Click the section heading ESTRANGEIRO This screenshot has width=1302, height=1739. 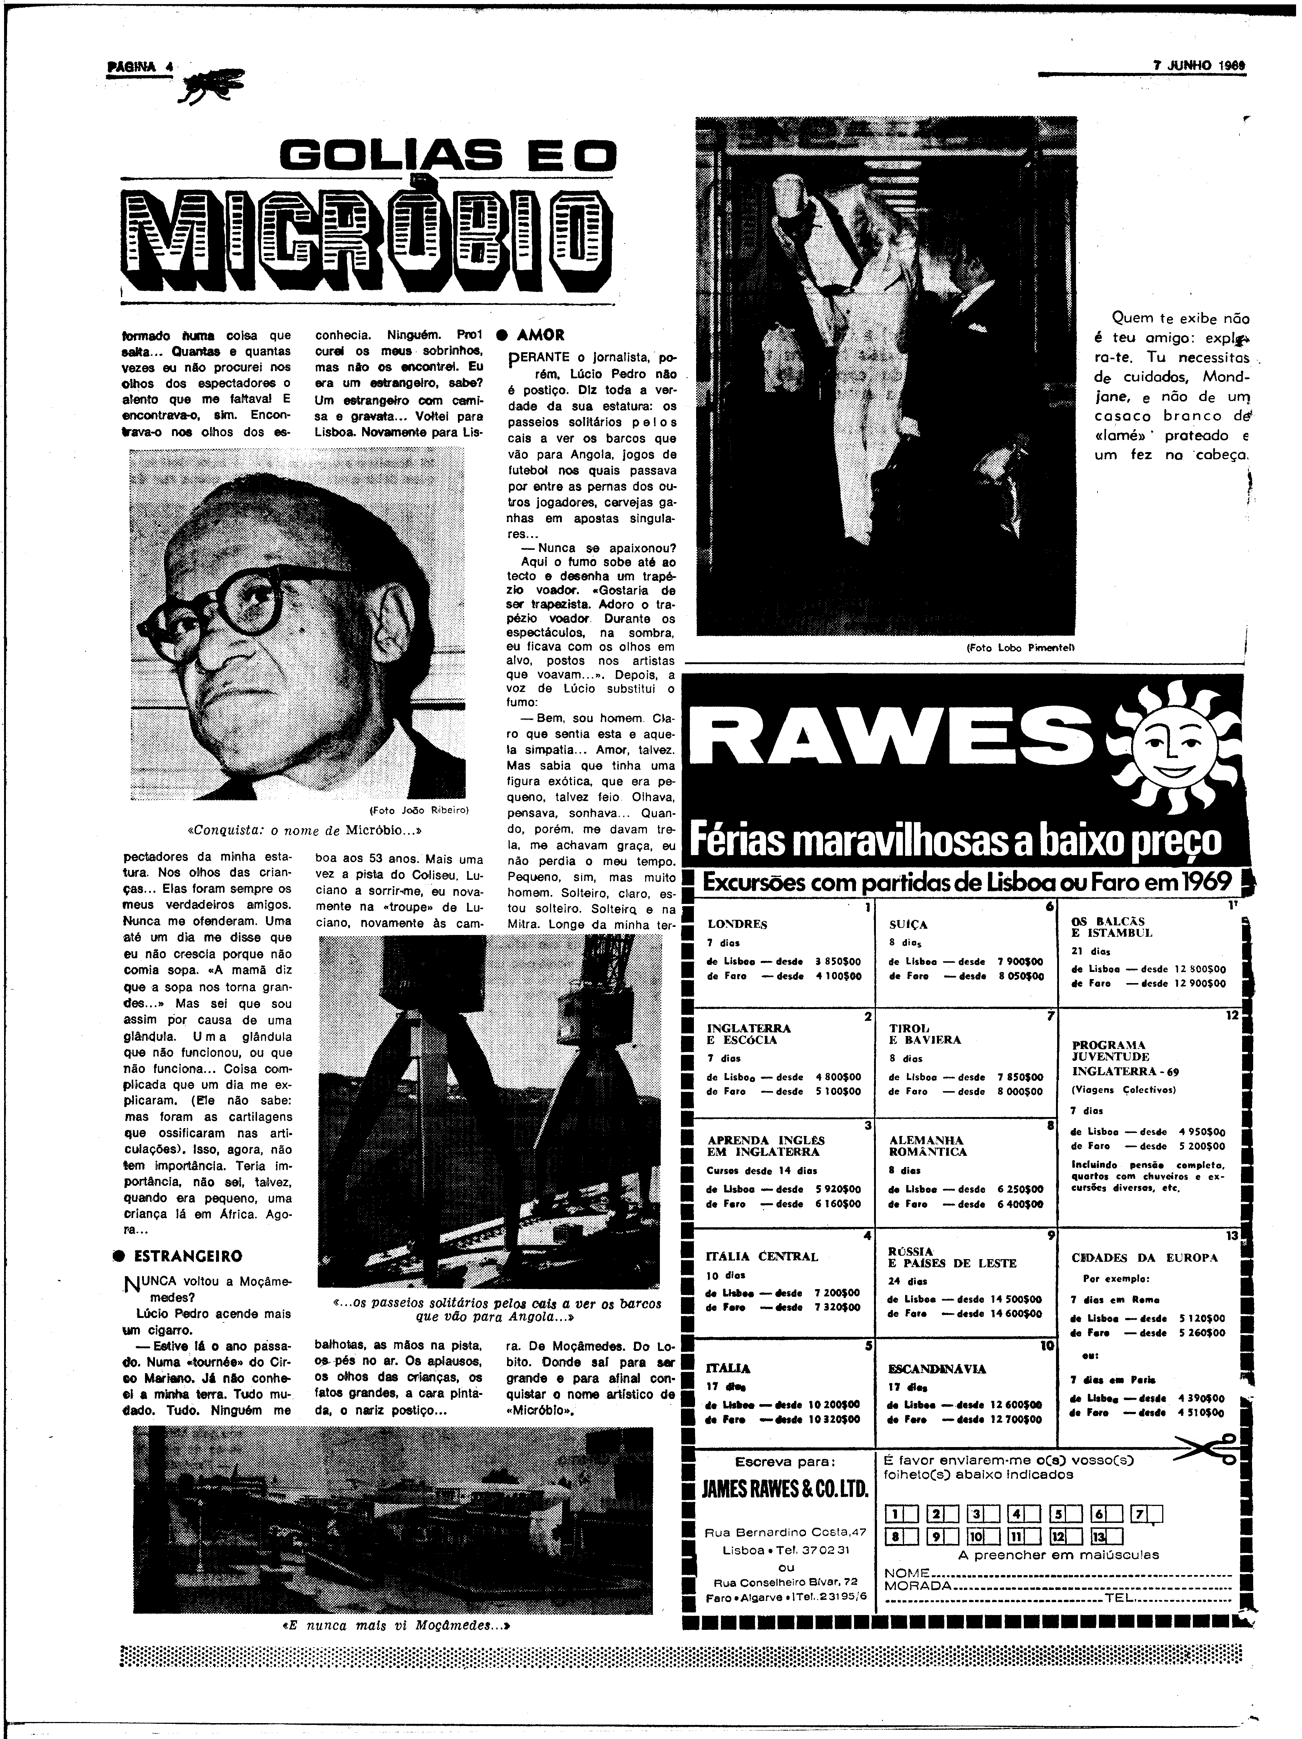(189, 1255)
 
